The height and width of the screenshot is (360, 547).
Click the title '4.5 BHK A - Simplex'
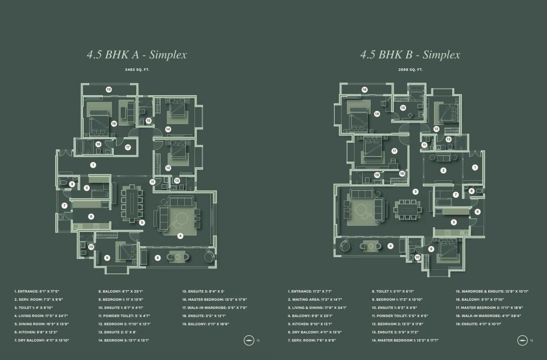pos(137,55)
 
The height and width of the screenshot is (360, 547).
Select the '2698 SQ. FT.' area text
pos(410,69)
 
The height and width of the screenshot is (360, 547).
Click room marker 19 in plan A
pos(109,89)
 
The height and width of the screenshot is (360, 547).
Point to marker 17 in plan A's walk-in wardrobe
pos(128,147)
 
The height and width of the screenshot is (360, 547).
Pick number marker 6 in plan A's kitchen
pos(91,216)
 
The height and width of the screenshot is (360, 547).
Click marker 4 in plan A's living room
pos(180,235)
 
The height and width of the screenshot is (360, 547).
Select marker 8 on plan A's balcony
pos(158,258)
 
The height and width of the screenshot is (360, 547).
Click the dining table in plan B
pos(408,209)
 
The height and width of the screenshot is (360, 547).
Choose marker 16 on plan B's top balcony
pos(364,90)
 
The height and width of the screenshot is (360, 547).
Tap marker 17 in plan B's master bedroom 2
pos(394,151)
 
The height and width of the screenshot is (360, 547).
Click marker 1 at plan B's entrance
pos(475,167)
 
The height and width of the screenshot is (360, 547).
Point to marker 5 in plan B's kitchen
pos(453,222)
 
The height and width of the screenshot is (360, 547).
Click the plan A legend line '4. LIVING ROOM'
pos(41,315)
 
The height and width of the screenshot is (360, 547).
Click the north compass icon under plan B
pos(522,340)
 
